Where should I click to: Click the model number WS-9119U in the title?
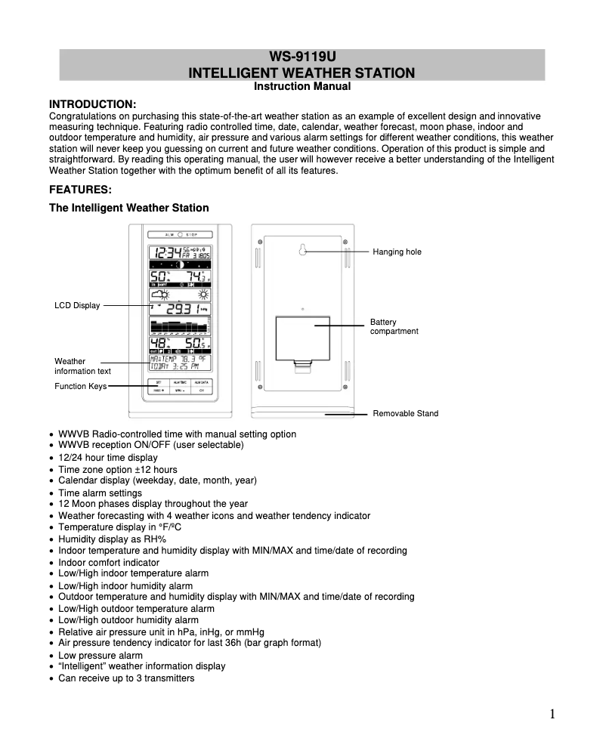point(302,57)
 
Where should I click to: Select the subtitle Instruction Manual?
point(302,86)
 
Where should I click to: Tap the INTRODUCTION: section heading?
point(92,103)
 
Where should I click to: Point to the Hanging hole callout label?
point(397,252)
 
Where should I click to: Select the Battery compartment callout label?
point(394,326)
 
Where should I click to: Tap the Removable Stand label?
point(405,413)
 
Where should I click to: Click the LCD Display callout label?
point(76,305)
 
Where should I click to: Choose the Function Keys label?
point(80,386)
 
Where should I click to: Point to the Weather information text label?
point(82,366)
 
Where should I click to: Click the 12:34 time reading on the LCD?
point(165,253)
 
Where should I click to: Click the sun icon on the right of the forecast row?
point(203,294)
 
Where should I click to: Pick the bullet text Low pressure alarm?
point(100,656)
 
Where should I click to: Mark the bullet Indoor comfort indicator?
point(109,563)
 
